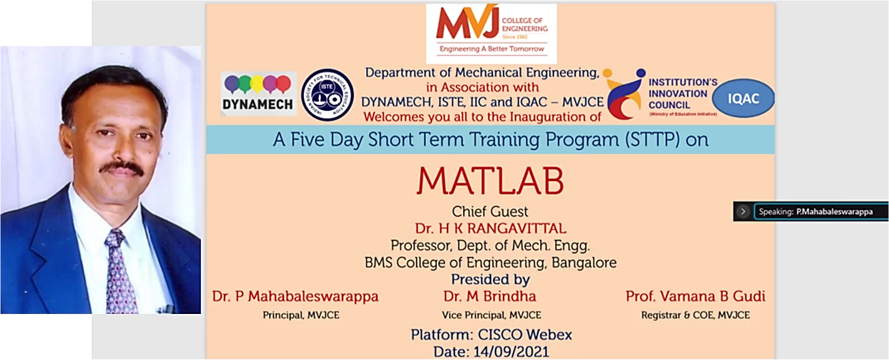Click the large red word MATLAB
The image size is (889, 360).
pos(490,181)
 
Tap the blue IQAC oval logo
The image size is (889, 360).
pos(743,98)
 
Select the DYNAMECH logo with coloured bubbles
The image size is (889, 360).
pos(259,94)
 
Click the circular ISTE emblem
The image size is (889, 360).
pos(328,95)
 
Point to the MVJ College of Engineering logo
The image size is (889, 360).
pos(491,34)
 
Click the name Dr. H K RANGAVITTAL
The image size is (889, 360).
pos(491,229)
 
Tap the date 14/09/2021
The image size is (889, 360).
pos(511,352)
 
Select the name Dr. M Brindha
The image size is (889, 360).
pos(490,297)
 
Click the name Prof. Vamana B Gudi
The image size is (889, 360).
pos(695,297)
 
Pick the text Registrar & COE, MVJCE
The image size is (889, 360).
pos(695,315)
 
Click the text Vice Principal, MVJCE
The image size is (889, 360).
pos(491,315)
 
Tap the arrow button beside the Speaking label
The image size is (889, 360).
pos(743,211)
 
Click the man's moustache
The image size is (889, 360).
pos(121,168)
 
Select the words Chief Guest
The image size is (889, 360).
pos(490,211)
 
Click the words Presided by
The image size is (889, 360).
pos(491,280)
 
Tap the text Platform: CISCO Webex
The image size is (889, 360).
pos(491,335)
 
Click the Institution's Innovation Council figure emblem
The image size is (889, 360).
pos(625,94)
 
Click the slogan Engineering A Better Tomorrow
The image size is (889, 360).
pos(492,49)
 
